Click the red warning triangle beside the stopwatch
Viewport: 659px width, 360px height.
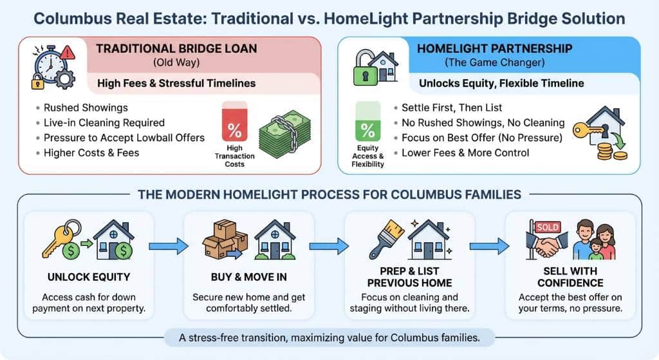click(67, 53)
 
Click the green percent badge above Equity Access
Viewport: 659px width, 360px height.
click(367, 121)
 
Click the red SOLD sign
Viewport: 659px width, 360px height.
click(548, 227)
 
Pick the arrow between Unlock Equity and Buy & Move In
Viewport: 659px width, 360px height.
click(169, 246)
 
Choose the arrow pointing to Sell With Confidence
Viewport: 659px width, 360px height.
click(489, 246)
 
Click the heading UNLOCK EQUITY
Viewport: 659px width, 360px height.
click(89, 277)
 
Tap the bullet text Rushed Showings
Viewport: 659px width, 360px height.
click(86, 108)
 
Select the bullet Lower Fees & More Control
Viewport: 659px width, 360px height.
click(465, 153)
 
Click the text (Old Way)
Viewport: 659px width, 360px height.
click(176, 62)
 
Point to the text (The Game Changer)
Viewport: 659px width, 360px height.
click(495, 62)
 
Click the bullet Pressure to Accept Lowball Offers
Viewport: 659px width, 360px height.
click(124, 138)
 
